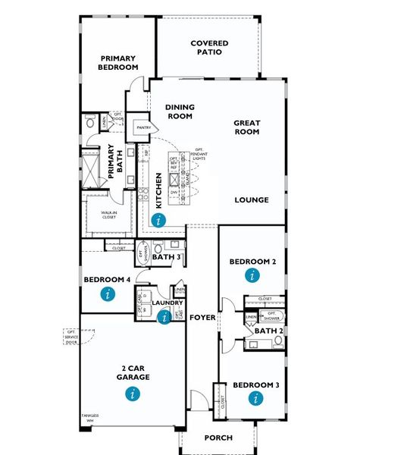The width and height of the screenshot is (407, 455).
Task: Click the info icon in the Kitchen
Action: (x=158, y=221)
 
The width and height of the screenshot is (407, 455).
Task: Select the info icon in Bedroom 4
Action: (x=108, y=293)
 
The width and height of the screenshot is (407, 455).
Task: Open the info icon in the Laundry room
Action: (x=164, y=318)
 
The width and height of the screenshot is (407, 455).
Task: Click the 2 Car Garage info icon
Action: (x=133, y=393)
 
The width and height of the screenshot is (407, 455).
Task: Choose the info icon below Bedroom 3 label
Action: (x=256, y=398)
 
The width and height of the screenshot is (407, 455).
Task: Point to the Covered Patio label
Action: (x=209, y=49)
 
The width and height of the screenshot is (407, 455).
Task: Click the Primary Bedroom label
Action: (x=117, y=62)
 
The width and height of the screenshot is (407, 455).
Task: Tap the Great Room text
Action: (x=246, y=127)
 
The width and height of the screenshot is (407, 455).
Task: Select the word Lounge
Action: (x=252, y=200)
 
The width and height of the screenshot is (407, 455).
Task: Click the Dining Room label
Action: (x=180, y=112)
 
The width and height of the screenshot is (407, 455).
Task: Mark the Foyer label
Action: (x=202, y=317)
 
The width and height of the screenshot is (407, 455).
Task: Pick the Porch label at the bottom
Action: (x=218, y=438)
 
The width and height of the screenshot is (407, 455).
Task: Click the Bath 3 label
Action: (x=167, y=257)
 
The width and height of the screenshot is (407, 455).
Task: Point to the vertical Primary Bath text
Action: (x=111, y=161)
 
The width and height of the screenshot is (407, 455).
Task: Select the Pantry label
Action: (x=140, y=128)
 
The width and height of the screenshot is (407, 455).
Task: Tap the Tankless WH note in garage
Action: (x=90, y=418)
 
